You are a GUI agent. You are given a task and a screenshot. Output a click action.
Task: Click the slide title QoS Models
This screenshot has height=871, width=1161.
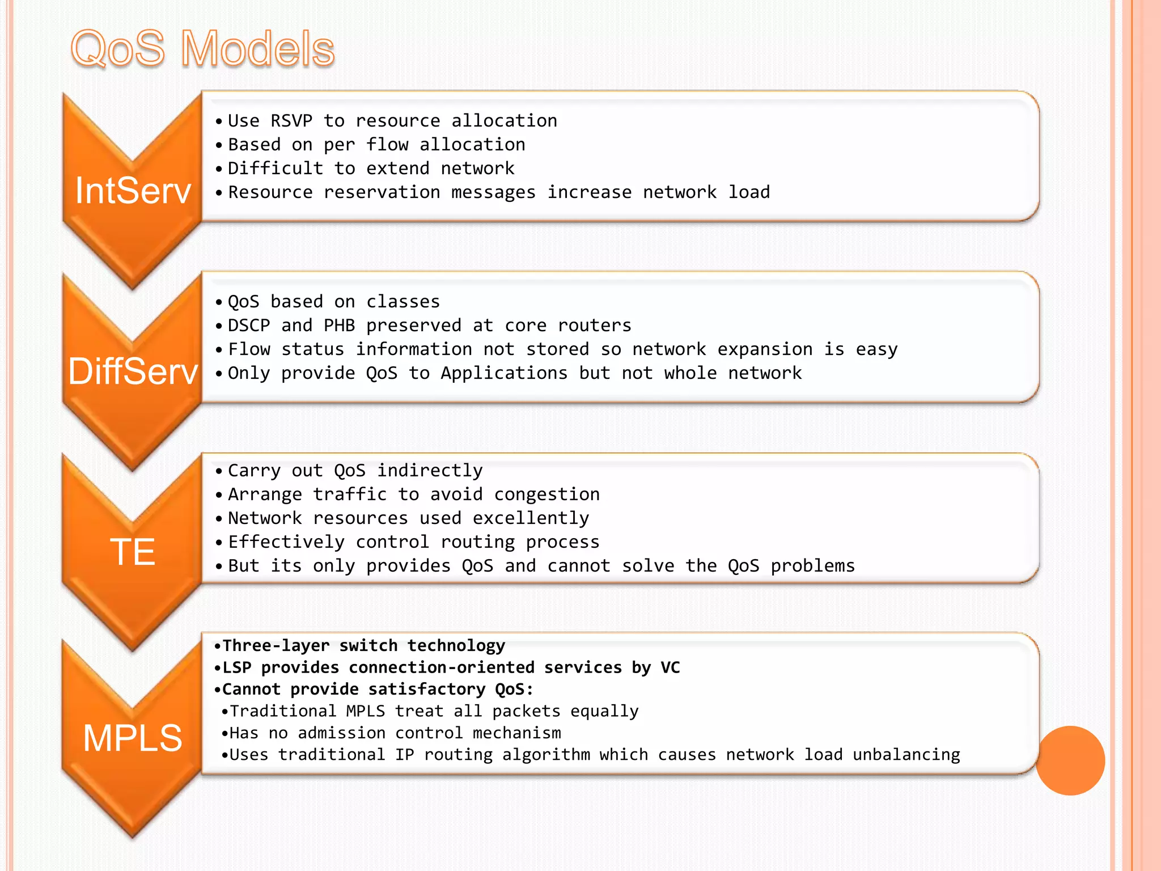point(202,49)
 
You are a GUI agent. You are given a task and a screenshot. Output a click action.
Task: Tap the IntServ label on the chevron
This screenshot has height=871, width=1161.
point(133,191)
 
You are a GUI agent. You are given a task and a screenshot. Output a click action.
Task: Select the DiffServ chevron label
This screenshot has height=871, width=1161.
point(133,372)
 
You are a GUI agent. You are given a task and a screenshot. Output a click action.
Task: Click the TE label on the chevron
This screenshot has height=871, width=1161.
point(133,552)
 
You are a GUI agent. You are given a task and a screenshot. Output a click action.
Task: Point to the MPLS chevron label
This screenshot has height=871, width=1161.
point(133,738)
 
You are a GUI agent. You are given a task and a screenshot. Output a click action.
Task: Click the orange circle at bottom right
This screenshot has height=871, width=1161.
point(1070,760)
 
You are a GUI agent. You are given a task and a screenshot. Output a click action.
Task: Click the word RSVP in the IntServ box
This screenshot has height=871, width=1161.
point(291,121)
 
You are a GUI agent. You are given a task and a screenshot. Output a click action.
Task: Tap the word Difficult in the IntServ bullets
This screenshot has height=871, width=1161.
point(276,168)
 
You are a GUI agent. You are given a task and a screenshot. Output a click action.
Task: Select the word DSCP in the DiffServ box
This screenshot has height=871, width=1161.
point(249,325)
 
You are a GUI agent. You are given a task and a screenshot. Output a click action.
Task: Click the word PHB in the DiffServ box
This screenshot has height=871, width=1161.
point(339,325)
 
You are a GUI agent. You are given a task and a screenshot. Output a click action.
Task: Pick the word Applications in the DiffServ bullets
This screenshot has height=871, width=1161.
point(504,373)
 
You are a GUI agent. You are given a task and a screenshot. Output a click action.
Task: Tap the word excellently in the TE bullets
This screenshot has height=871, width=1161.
point(531,518)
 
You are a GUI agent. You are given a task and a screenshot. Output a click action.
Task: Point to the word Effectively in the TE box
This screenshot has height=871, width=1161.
point(286,542)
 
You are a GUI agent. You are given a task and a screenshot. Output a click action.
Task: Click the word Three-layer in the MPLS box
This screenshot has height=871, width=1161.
point(276,646)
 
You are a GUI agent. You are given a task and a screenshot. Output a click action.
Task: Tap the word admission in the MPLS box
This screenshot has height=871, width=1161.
point(342,733)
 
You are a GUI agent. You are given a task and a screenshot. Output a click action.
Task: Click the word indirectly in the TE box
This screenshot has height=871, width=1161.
point(430,471)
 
